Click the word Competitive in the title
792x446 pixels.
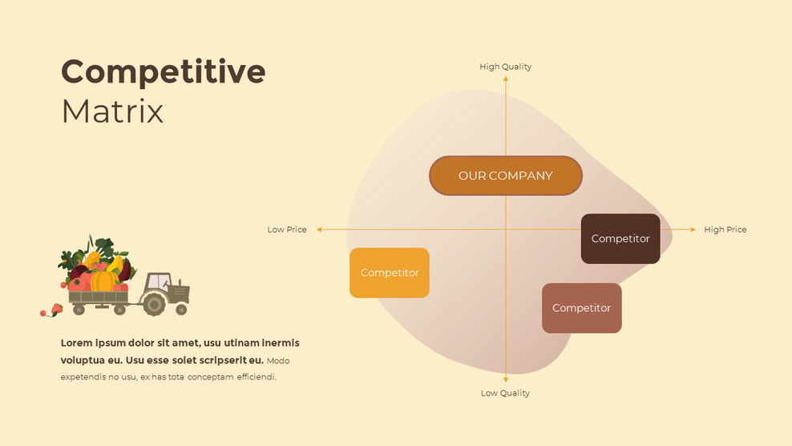pos(163,72)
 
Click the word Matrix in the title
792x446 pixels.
pos(112,111)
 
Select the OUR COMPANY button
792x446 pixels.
pos(505,176)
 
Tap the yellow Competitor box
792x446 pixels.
pos(390,273)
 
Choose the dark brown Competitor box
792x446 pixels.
pos(620,238)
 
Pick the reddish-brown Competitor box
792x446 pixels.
pos(581,308)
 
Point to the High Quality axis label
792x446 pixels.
pos(505,67)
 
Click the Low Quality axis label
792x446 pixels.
pos(505,393)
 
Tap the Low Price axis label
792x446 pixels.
pos(287,229)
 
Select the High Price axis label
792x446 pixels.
pos(725,229)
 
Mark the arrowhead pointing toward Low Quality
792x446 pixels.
pos(506,379)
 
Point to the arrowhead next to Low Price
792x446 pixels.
pos(319,229)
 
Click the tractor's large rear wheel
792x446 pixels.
pos(153,303)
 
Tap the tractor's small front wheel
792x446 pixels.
pos(182,309)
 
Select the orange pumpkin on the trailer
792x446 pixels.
pos(103,281)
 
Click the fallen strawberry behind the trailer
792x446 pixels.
pos(56,309)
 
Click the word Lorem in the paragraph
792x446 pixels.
pos(77,343)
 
